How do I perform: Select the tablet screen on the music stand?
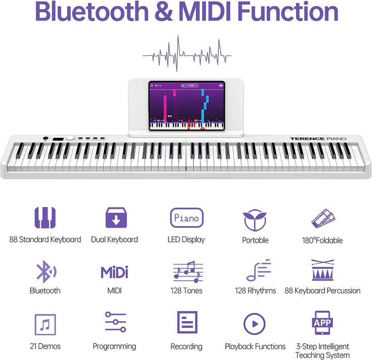point(187,105)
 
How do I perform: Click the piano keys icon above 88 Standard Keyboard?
point(45,218)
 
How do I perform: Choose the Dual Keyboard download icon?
point(116,218)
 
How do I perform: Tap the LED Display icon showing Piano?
point(187,218)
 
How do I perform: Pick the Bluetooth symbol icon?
point(45,271)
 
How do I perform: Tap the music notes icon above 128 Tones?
point(187,271)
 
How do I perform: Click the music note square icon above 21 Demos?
point(45,324)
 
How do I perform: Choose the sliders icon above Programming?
point(115,322)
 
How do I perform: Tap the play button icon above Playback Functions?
point(255,324)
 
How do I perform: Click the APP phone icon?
point(322,323)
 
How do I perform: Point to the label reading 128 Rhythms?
point(255,291)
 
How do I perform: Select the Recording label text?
point(186,347)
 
